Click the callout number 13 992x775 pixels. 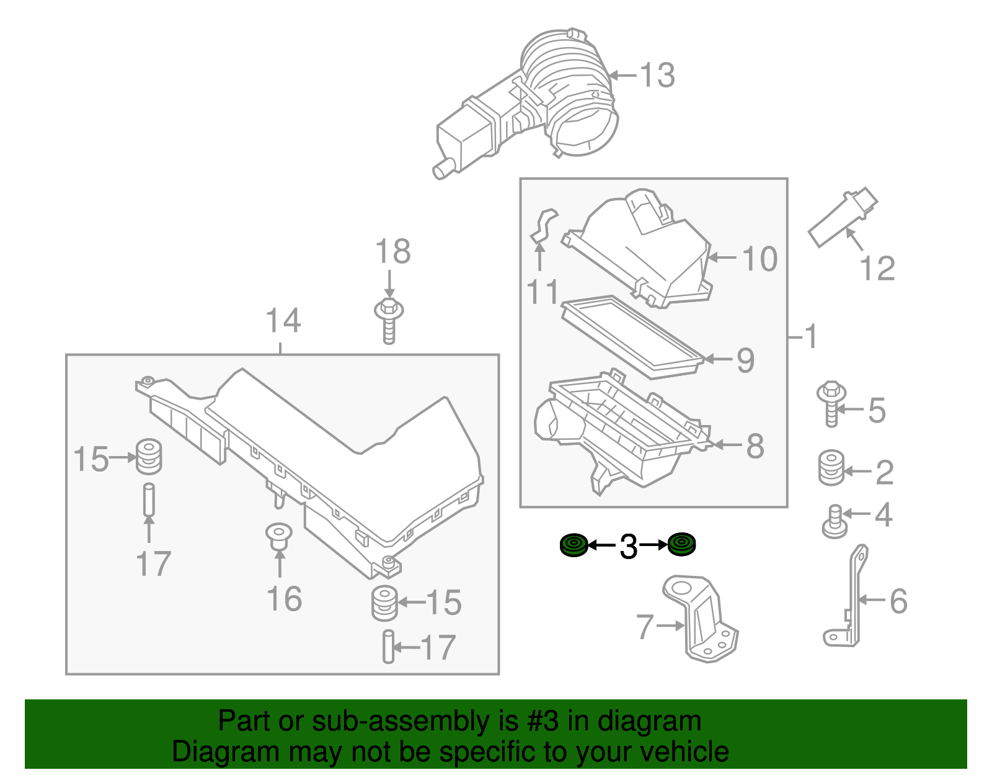pos(657,76)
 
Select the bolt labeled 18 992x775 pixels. pos(389,320)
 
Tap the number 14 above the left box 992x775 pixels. pos(283,321)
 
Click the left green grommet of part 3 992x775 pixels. pos(573,545)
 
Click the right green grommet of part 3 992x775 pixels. pos(682,544)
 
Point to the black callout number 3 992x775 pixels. pos(628,547)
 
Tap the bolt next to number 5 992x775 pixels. pos(831,403)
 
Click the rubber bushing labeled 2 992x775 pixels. pos(831,468)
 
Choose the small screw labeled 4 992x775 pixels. pos(835,521)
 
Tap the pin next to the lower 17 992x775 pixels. pos(388,647)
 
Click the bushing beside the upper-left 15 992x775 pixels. pos(149,456)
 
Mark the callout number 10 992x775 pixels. pos(759,259)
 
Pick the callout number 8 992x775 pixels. pos(755,446)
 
